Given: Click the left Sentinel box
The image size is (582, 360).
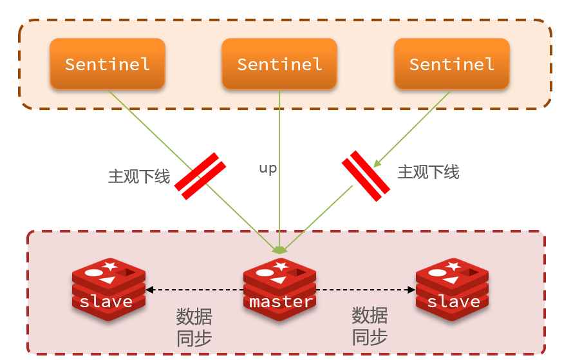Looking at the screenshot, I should [108, 64].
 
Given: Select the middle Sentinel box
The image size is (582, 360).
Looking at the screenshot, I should [279, 64].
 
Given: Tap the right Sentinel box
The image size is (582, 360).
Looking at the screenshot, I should [452, 64].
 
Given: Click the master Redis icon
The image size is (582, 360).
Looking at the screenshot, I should [279, 286].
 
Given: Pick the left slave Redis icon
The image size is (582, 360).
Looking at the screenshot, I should [108, 287].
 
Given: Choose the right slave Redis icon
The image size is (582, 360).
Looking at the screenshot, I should [452, 287].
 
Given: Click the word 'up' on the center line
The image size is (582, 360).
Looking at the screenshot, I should [268, 169].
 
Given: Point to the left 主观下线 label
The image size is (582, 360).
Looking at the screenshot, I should [138, 176].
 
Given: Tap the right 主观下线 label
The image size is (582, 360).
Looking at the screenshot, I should [428, 172].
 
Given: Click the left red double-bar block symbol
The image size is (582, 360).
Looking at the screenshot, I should [200, 176].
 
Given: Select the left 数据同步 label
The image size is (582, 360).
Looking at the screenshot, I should [194, 328].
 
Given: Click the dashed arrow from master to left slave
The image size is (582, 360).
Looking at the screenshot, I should [194, 290].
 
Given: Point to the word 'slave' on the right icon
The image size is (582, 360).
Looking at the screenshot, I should [453, 301].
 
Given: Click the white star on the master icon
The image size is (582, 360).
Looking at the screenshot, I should [281, 265].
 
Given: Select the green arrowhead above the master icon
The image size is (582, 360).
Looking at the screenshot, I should [279, 249].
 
